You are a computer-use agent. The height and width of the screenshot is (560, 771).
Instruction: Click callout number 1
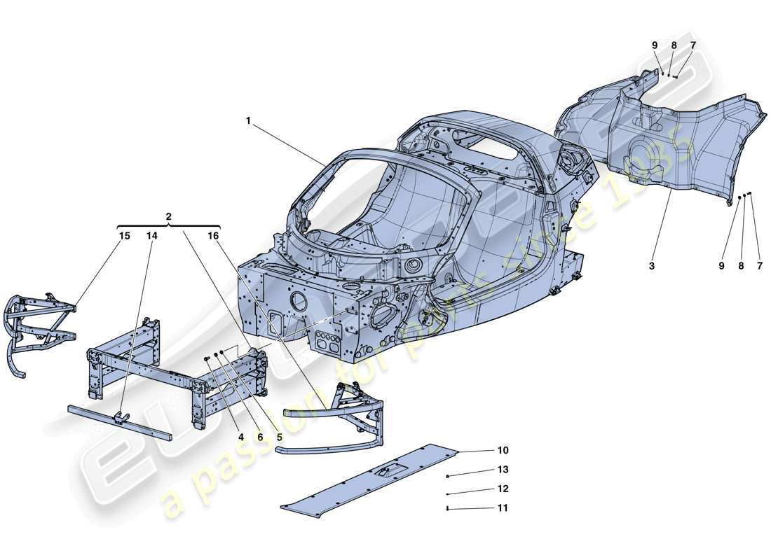[x=248, y=120]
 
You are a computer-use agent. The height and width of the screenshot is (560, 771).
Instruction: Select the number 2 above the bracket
[x=168, y=217]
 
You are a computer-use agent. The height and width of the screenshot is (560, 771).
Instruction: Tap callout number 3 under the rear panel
[x=652, y=267]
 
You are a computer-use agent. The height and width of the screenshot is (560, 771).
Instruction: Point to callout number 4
[x=240, y=437]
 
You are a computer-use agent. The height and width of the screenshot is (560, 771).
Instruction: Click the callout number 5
[x=279, y=437]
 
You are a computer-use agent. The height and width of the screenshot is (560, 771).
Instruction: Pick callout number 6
[x=259, y=437]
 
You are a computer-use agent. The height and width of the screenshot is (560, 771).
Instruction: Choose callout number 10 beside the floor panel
[x=503, y=451]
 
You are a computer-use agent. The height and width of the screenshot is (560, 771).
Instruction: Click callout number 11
[x=503, y=508]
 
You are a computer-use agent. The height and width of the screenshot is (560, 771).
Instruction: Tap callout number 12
[x=503, y=489]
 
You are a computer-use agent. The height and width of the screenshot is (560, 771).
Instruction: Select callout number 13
[x=503, y=470]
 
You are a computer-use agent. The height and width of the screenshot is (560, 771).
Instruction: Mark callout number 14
[x=152, y=237]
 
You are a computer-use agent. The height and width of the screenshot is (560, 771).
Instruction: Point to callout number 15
[x=124, y=237]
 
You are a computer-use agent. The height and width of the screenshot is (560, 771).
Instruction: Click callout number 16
[x=213, y=237]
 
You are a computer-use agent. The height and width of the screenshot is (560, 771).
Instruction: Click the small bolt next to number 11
[x=447, y=509]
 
